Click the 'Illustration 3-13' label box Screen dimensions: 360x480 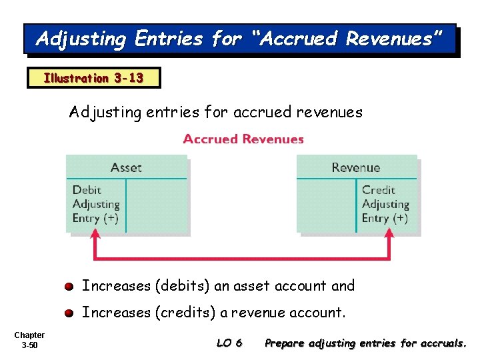point(93,78)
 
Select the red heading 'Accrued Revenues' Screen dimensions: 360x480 point(243,139)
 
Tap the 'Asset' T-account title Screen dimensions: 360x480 point(126,167)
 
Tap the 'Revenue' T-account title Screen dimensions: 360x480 point(356,167)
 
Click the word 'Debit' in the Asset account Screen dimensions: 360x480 point(87,191)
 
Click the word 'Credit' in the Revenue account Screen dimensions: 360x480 point(379,191)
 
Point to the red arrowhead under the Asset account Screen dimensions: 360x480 point(95,234)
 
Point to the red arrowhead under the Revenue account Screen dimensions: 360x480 point(389,234)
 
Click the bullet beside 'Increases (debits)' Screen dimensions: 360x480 point(69,287)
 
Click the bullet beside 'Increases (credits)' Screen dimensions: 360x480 point(69,313)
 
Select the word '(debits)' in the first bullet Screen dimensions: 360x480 point(183,286)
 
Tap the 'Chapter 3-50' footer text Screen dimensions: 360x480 point(29,340)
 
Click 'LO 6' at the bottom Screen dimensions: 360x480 point(229,343)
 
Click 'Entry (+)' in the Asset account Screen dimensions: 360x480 point(95,218)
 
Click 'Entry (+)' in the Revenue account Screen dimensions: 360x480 point(385,218)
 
